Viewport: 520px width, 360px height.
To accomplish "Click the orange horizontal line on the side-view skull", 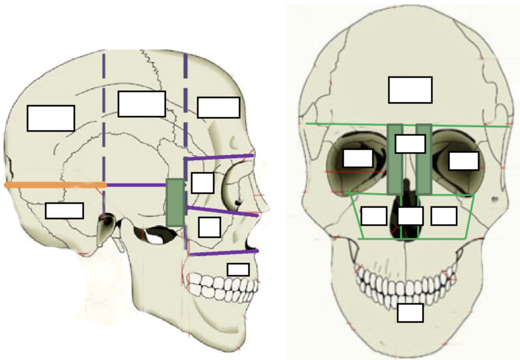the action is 55,185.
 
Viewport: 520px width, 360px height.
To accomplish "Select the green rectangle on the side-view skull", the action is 175,202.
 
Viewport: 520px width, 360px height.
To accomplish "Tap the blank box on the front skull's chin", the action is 410,313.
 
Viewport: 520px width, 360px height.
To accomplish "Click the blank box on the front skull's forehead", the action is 410,90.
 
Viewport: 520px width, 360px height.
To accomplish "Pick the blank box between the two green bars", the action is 410,144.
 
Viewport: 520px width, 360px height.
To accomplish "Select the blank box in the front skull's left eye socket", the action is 358,157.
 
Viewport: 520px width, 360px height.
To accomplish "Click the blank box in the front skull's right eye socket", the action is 463,161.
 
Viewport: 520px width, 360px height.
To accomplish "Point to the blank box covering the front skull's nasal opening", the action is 410,215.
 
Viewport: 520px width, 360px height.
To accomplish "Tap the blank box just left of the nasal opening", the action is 373,215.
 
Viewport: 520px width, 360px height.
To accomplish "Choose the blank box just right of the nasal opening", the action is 443,215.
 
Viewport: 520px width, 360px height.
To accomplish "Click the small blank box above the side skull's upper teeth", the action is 238,270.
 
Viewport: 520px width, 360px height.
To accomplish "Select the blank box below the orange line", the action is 64,210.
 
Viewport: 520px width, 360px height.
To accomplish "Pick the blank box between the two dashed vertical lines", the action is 142,104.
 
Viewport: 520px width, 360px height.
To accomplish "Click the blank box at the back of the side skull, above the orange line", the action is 51,118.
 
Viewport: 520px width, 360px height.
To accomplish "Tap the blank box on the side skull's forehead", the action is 218,107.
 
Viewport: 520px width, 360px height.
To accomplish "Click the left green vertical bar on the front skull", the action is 394,159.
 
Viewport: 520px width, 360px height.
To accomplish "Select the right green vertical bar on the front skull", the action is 424,159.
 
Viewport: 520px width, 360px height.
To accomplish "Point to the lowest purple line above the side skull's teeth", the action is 223,253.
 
